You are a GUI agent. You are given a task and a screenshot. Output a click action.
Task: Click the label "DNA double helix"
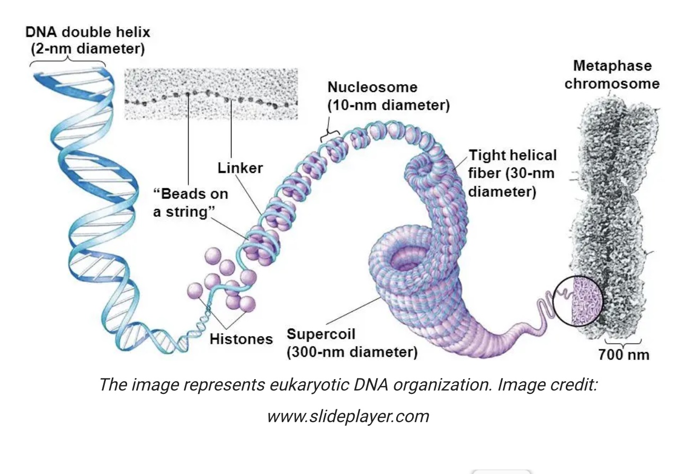click(88, 32)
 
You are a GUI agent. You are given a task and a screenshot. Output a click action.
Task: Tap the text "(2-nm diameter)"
click(88, 49)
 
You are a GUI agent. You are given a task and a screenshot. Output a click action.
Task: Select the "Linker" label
click(240, 168)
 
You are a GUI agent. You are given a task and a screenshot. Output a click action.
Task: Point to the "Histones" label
click(241, 339)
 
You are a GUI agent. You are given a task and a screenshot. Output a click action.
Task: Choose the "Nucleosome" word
click(372, 87)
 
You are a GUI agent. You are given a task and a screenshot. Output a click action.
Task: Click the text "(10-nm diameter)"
click(388, 105)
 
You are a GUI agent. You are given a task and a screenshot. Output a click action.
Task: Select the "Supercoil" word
click(320, 334)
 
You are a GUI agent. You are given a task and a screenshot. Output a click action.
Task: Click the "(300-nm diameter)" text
click(352, 352)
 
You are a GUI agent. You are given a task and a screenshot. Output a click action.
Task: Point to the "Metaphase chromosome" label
click(612, 75)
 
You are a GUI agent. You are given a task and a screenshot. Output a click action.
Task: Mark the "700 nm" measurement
click(623, 354)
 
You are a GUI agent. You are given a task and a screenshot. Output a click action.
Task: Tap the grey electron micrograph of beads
click(210, 93)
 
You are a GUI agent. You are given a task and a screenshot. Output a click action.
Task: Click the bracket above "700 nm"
click(623, 341)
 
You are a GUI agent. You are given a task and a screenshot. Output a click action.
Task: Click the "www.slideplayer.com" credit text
click(348, 416)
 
